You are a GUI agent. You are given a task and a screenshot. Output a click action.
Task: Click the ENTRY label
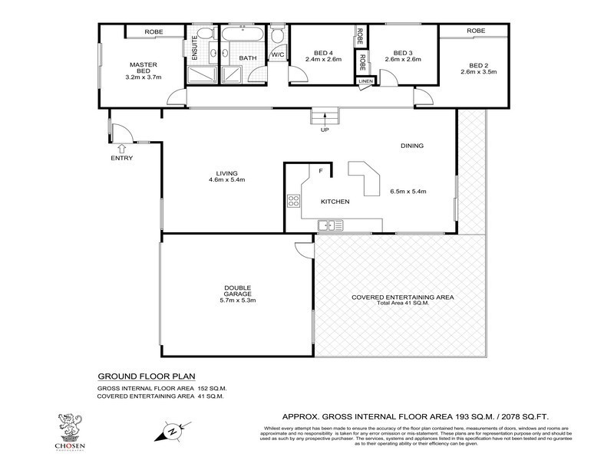pyautogui.click(x=122, y=158)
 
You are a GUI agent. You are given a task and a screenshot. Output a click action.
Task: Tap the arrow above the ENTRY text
pyautogui.click(x=122, y=147)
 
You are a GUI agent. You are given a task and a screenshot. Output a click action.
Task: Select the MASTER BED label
pyautogui.click(x=144, y=68)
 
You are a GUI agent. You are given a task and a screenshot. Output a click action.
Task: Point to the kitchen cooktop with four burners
pyautogui.click(x=293, y=202)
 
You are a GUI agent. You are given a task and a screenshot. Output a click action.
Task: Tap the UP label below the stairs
pyautogui.click(x=325, y=130)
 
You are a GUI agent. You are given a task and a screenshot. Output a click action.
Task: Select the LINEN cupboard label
pyautogui.click(x=365, y=81)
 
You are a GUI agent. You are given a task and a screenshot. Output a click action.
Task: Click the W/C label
pyautogui.click(x=277, y=55)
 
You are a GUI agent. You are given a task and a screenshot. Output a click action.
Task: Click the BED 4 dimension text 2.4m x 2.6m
pyautogui.click(x=324, y=59)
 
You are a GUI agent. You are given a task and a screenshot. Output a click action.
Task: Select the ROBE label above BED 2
pyautogui.click(x=476, y=31)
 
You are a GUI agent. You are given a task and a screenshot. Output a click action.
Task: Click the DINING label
pyautogui.click(x=412, y=146)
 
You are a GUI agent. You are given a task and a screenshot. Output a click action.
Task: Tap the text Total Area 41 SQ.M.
pyautogui.click(x=403, y=303)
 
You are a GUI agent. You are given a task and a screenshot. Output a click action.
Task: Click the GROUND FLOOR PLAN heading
pyautogui.click(x=147, y=376)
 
